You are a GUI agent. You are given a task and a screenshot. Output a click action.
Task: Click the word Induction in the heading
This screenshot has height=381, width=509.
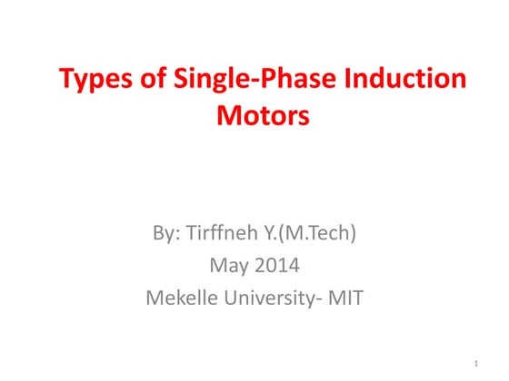(411, 80)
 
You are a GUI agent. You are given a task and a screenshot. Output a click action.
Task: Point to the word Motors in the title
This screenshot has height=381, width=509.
(264, 117)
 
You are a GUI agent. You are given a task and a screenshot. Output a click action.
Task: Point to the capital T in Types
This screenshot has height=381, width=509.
(66, 80)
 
